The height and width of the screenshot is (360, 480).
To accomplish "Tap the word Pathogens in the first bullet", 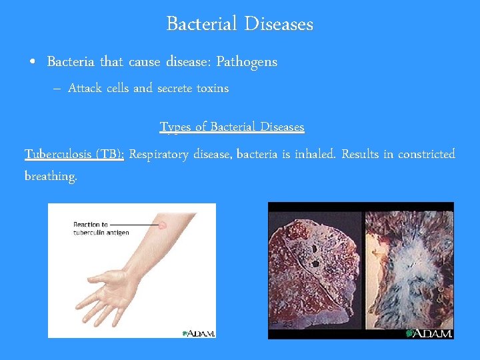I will click(x=246, y=62).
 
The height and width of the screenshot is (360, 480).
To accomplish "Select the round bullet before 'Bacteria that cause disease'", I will click(x=33, y=63).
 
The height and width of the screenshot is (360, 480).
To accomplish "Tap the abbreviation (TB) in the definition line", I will click(x=109, y=155).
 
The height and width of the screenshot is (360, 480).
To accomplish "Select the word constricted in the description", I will click(x=423, y=155).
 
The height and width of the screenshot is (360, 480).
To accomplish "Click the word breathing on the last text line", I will click(x=51, y=176).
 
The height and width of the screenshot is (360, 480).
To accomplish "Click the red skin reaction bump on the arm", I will click(x=162, y=225).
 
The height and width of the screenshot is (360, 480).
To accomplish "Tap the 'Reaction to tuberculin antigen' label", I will click(x=100, y=228).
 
